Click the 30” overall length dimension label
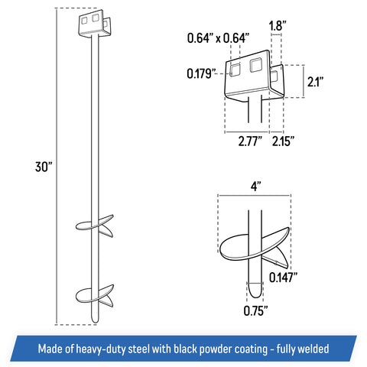(x=44, y=167)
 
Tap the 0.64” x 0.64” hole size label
(x=218, y=38)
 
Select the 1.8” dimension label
(x=278, y=26)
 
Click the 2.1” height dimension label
(x=315, y=82)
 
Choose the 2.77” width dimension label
(x=250, y=141)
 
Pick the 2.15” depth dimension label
(x=283, y=141)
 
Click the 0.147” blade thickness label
(x=284, y=278)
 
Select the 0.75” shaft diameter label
(x=255, y=310)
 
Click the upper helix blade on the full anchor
(x=95, y=226)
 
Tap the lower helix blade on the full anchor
(x=95, y=295)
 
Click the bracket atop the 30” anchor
(x=95, y=24)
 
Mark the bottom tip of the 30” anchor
(x=95, y=323)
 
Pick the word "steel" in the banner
(x=138, y=349)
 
